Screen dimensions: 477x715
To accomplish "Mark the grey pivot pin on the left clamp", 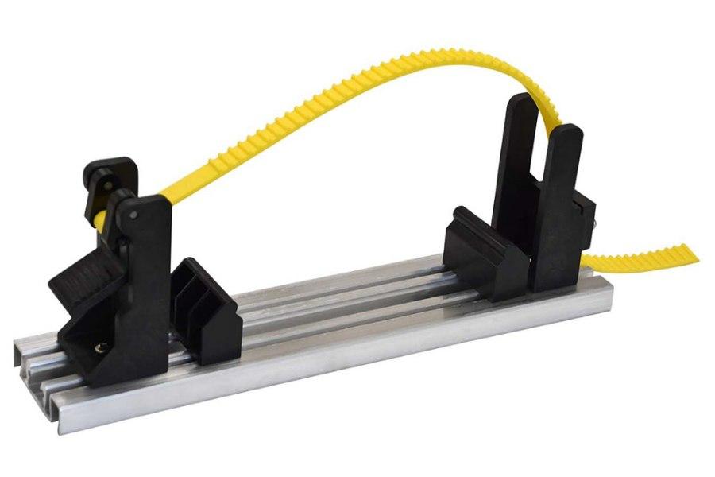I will [132, 213].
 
